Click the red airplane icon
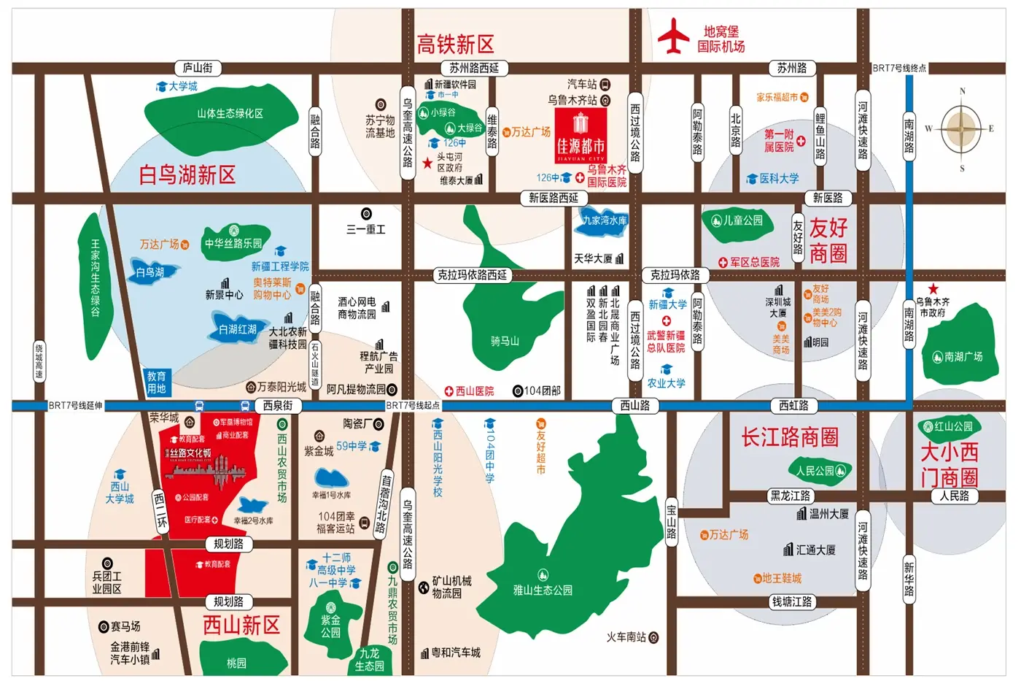pos(674,36)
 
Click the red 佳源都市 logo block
pos(581,135)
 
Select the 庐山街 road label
pos(198,68)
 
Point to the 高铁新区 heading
pos(455,45)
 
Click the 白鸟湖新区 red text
pos(187,175)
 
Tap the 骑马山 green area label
pos(505,341)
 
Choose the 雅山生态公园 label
pos(543,590)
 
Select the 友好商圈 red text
pos(828,240)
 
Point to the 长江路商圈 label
pos(790,437)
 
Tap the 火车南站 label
pos(626,637)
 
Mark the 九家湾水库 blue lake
pos(605,220)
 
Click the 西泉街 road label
pos(278,405)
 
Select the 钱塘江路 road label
pos(792,601)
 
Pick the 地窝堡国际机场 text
pos(721,39)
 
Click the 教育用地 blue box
pos(157,382)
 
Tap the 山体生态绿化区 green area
pos(230,113)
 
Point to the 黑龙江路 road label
pos(791,496)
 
